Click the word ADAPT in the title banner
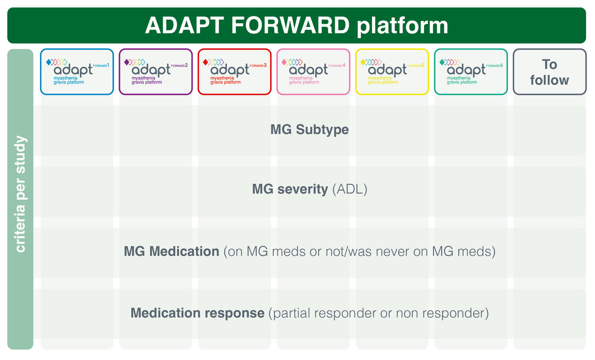pos(184,26)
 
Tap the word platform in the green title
pos(403,26)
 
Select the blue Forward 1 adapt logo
pos(77,72)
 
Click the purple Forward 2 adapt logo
pos(156,72)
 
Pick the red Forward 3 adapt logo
pos(234,72)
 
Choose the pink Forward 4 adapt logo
pos(313,72)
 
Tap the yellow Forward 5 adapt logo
pos(392,72)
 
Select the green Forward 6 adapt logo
pos(471,72)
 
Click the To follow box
pos(549,72)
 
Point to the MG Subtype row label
pos(310,129)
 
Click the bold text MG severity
pos(290,190)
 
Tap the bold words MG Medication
pos(172,252)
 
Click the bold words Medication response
pos(198,313)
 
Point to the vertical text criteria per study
pos(20,194)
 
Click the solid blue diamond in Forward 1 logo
pos(49,62)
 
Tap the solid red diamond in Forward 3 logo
pos(206,62)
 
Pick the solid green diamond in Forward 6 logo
pos(443,62)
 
